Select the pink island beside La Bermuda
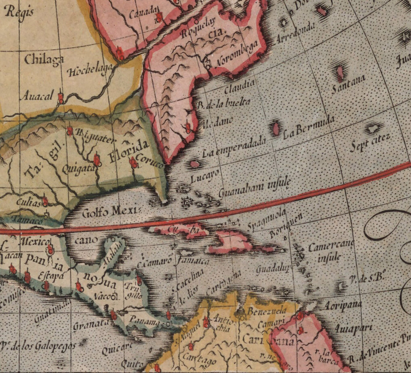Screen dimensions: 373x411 point(276,129)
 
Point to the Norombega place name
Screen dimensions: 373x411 point(237,54)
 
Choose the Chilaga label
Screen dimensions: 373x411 point(44,60)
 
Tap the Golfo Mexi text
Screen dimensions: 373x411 point(110,212)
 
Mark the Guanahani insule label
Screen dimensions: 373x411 point(254,189)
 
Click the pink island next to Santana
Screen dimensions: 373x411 point(340,72)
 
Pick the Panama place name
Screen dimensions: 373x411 point(145,320)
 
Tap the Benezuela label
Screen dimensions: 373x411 point(267,310)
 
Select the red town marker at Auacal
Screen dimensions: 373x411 point(61,98)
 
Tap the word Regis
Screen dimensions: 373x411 point(20,13)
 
